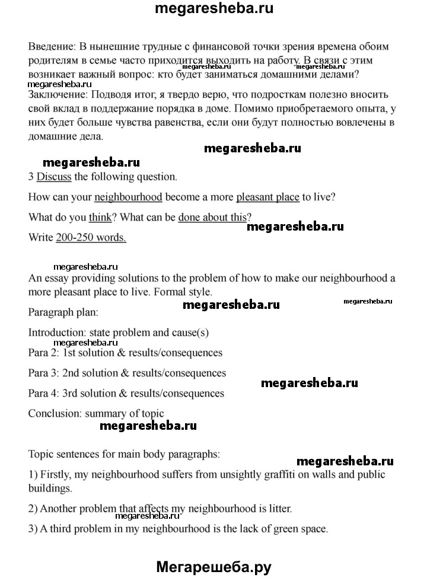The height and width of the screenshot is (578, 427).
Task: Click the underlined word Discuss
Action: pyautogui.click(x=53, y=176)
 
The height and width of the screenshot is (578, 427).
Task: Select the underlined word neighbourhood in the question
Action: pyautogui.click(x=129, y=197)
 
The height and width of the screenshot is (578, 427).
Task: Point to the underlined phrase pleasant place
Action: pyautogui.click(x=267, y=197)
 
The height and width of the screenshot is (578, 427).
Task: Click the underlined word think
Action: pyautogui.click(x=100, y=218)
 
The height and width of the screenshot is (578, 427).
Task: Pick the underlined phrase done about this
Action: pyautogui.click(x=212, y=218)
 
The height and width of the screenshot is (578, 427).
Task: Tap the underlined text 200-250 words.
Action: pyautogui.click(x=91, y=238)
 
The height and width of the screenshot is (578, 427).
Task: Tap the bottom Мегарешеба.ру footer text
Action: pyautogui.click(x=213, y=567)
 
